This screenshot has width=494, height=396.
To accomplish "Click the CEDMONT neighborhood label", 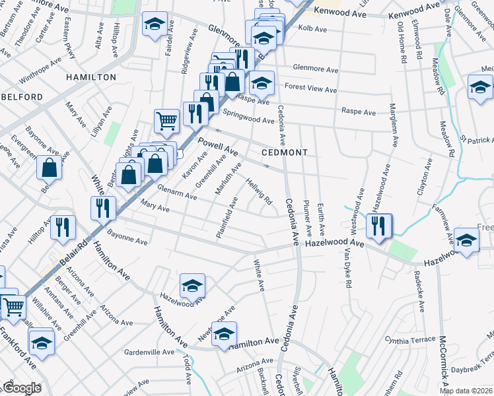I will click(285, 152).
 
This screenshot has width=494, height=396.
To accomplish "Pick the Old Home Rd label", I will click(402, 42).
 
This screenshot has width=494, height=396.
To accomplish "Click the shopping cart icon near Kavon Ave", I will click(166, 121).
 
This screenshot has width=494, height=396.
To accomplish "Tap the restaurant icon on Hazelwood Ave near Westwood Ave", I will click(378, 224).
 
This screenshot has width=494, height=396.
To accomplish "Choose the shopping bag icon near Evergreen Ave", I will click(50, 168).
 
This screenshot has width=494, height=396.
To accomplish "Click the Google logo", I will click(21, 388).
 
